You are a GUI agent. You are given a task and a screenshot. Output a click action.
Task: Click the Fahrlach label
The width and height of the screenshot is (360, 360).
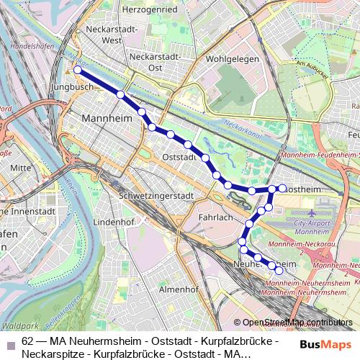[x=215, y=217]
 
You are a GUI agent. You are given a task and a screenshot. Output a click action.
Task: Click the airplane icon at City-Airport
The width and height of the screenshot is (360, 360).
[x=311, y=214]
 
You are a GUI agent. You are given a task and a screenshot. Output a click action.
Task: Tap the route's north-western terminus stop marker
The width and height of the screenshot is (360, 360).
[x=78, y=71]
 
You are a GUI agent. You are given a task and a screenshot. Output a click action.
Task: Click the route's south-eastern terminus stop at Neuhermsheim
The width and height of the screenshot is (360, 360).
[x=279, y=271]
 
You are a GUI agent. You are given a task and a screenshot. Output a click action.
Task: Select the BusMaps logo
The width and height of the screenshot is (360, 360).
[x=323, y=344]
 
